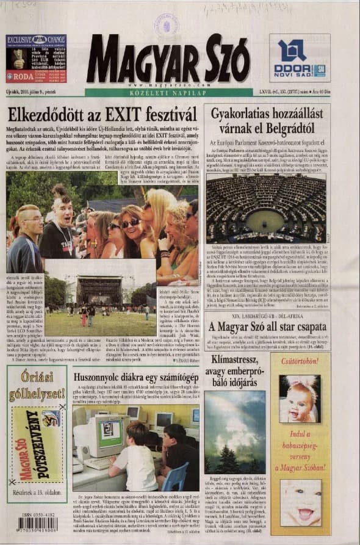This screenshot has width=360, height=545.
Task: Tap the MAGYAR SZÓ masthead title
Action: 168,59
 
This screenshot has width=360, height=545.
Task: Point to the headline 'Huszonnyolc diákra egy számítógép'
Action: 135,378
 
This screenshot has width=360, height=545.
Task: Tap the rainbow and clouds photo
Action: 235,431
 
